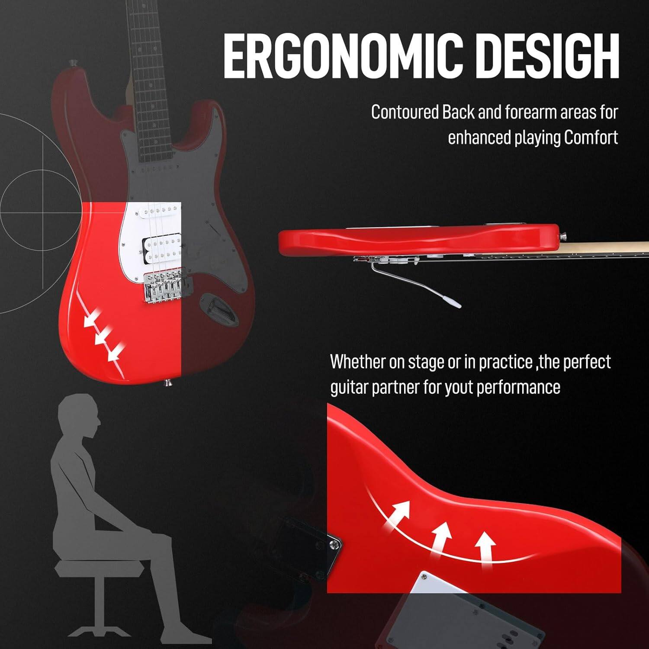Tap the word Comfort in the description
tap(591, 138)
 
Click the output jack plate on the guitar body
tap(219, 308)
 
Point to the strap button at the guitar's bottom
tap(168, 382)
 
